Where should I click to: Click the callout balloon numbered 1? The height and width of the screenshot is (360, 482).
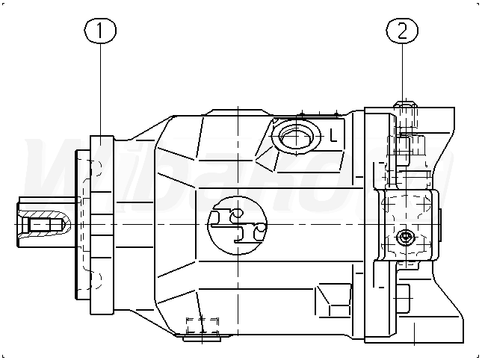[102, 31]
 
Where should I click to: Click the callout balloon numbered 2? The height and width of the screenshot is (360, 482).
[401, 31]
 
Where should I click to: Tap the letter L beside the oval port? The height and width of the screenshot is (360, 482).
[334, 136]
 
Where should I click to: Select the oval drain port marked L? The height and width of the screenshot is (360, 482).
[297, 137]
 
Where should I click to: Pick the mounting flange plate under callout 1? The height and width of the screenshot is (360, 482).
[102, 224]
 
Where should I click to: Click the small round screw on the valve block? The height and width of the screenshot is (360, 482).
[406, 237]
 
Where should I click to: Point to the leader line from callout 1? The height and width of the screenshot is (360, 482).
[102, 90]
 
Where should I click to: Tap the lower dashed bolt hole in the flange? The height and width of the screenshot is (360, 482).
[92, 280]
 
